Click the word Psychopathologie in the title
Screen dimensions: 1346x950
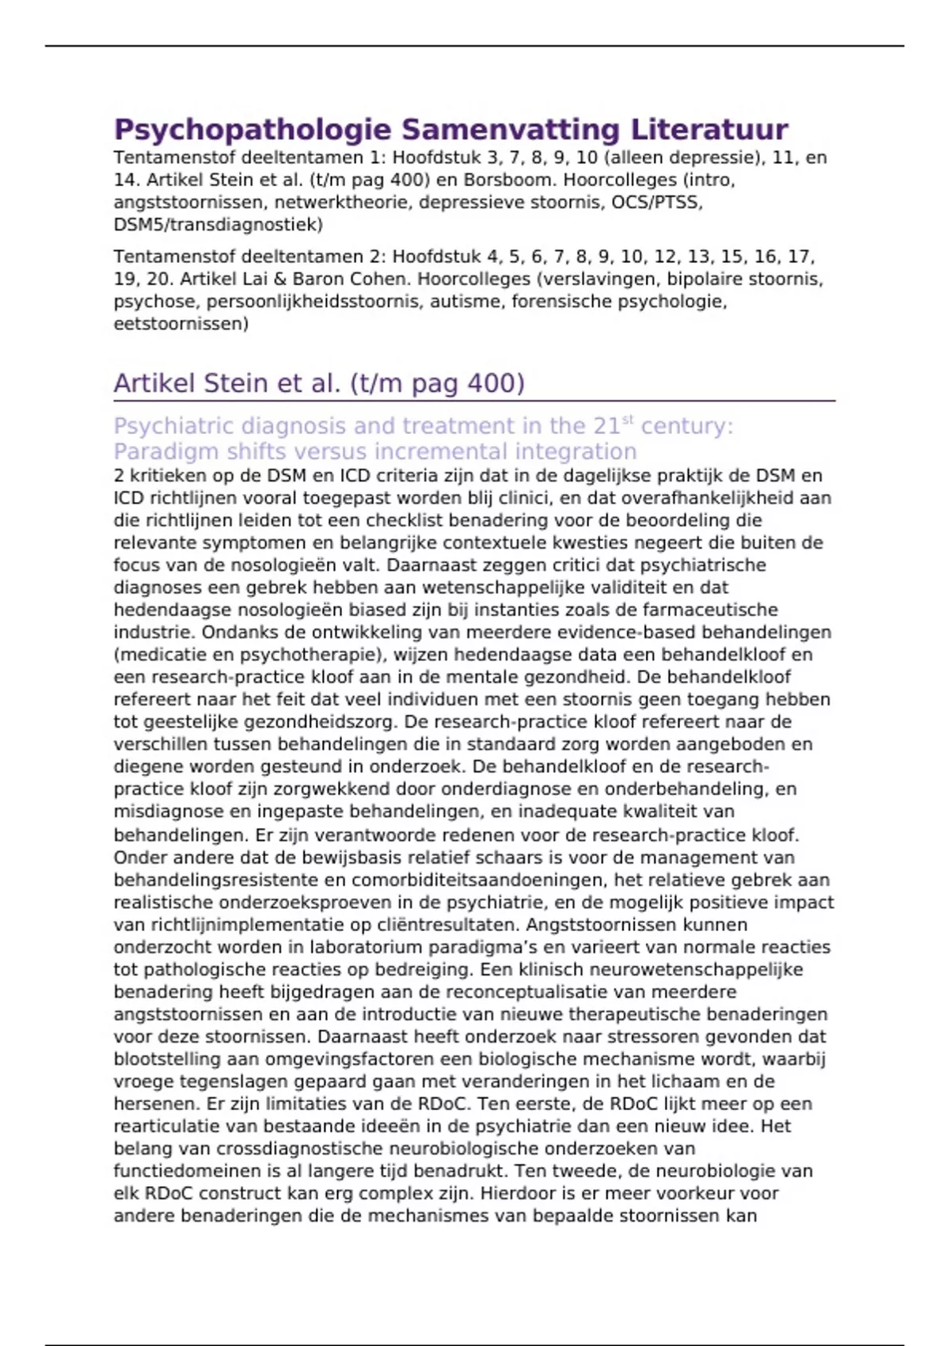pyautogui.click(x=253, y=130)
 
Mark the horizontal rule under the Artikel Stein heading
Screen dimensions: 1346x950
pyautogui.click(x=474, y=401)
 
